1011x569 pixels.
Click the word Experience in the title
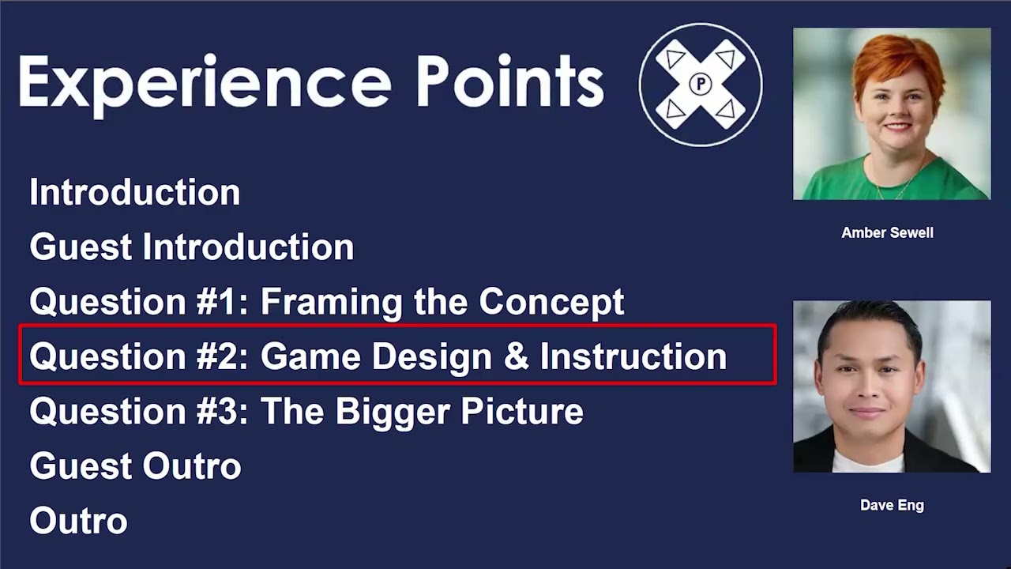204,82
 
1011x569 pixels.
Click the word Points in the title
510,82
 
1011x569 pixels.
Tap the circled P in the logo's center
701,84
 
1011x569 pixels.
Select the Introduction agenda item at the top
134,193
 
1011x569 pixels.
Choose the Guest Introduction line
191,247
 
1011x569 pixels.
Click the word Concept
551,302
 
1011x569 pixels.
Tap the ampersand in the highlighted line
515,357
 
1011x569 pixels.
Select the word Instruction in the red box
633,357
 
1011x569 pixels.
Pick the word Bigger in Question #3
393,412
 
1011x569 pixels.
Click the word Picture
521,412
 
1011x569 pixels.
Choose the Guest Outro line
135,466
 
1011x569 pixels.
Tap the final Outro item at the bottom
78,522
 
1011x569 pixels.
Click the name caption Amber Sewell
887,233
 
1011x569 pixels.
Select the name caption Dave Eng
892,506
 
